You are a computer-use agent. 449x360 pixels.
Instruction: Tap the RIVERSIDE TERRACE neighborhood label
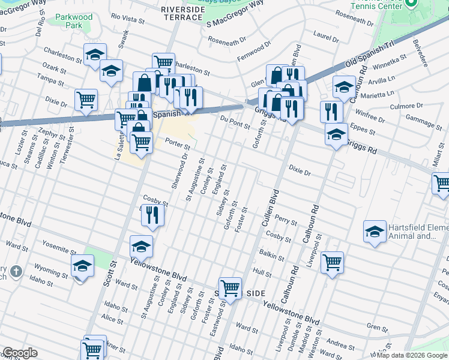[x=183, y=13]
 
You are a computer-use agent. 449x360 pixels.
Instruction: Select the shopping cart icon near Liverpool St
[x=332, y=262]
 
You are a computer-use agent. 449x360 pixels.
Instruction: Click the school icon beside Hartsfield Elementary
[x=375, y=231]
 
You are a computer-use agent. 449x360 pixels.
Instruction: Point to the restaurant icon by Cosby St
[x=152, y=214]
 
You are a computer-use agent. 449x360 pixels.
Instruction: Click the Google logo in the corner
[x=20, y=353]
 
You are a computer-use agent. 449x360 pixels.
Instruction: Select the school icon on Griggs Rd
[x=336, y=134]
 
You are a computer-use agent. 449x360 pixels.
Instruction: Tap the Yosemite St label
[x=58, y=245]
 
